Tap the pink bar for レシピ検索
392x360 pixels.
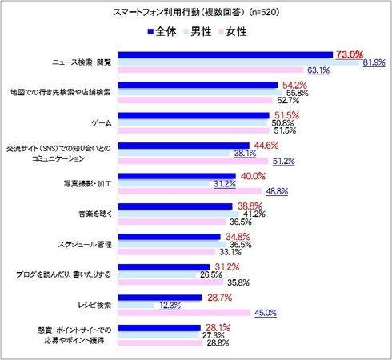(183, 314)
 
